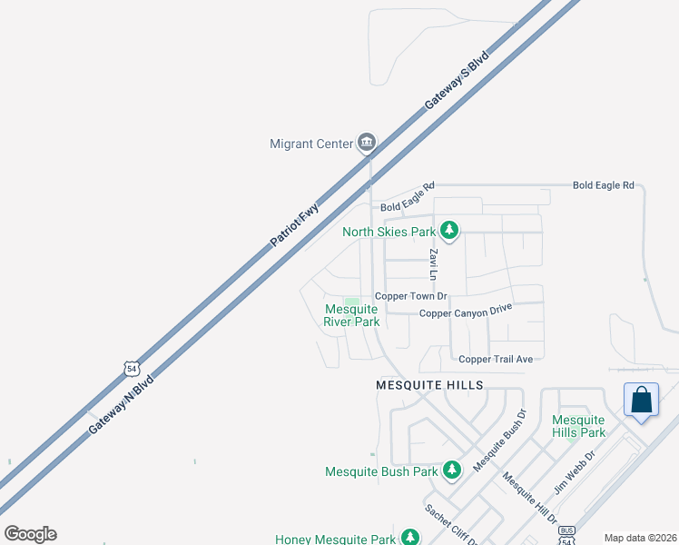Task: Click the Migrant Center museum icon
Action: coord(367,143)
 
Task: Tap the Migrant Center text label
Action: coord(310,144)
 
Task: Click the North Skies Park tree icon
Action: coord(448,231)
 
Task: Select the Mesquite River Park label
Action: coord(352,315)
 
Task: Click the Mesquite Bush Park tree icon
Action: coord(452,471)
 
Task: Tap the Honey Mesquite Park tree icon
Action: coord(410,538)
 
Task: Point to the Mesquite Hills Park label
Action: coord(578,426)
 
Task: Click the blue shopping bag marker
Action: coord(641,401)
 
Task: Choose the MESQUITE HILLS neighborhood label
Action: coord(429,385)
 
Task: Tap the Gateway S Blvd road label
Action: coord(457,81)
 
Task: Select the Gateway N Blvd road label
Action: coord(121,403)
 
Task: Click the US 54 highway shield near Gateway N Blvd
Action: coord(133,368)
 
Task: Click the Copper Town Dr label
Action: coord(412,296)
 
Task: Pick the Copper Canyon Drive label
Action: coord(466,312)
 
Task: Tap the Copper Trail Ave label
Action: coord(496,360)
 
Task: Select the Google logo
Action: coord(30,534)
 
